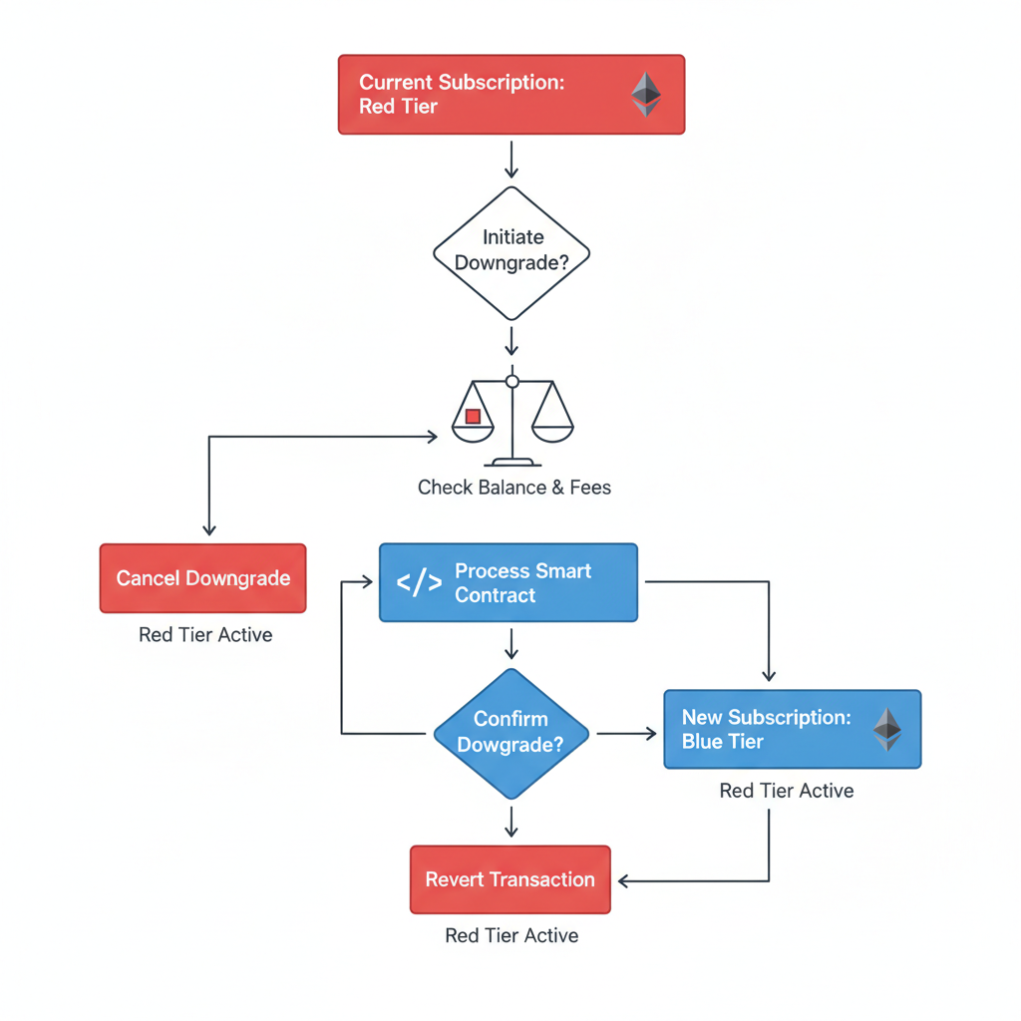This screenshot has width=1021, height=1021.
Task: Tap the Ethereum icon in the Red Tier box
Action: pos(645,95)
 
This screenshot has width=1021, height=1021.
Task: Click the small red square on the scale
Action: pos(474,417)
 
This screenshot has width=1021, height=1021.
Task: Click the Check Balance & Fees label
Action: pos(513,488)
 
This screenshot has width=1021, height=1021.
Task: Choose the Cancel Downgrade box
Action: pos(202,578)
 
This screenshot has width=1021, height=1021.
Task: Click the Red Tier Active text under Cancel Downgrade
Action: pos(205,635)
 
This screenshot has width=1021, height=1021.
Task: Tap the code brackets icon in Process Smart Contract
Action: pos(419,583)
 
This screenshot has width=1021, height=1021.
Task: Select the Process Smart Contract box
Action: pos(509,583)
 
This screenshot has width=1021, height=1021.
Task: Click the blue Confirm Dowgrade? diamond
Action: pos(511,733)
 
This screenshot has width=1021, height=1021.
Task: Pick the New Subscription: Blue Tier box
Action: pos(792,729)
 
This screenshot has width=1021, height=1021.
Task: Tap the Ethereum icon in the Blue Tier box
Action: pos(886,729)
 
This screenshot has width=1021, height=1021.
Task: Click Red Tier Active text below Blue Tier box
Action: pos(786,791)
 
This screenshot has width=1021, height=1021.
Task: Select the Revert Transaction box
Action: pos(510,879)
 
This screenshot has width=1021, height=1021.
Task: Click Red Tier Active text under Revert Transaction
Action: pos(510,935)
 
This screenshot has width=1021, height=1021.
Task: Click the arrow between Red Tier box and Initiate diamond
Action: pos(510,160)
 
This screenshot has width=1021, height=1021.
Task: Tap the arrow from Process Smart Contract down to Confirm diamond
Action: pos(510,643)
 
